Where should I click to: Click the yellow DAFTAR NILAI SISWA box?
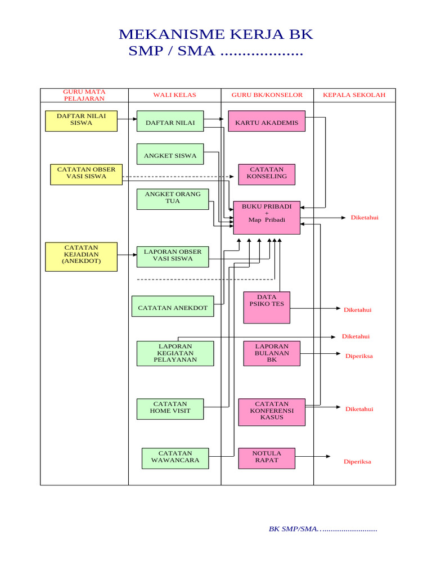(81, 121)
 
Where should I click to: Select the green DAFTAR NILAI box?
(170, 121)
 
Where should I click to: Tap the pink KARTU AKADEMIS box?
(267, 121)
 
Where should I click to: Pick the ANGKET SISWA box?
(170, 155)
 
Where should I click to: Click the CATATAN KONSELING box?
(267, 174)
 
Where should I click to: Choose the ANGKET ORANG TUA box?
(173, 199)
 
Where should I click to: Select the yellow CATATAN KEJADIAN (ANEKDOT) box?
(81, 256)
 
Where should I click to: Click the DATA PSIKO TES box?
(267, 307)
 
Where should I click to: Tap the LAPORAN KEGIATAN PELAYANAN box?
(175, 353)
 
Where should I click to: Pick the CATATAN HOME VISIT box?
(170, 409)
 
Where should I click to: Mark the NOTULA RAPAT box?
(267, 458)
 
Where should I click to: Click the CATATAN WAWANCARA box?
(175, 458)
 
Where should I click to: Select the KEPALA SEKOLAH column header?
(354, 95)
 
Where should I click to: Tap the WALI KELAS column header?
(174, 95)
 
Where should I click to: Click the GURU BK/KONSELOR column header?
(267, 95)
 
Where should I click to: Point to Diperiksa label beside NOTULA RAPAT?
(357, 462)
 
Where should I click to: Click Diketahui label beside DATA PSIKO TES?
(357, 310)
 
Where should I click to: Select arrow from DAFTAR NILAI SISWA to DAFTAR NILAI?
(127, 119)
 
